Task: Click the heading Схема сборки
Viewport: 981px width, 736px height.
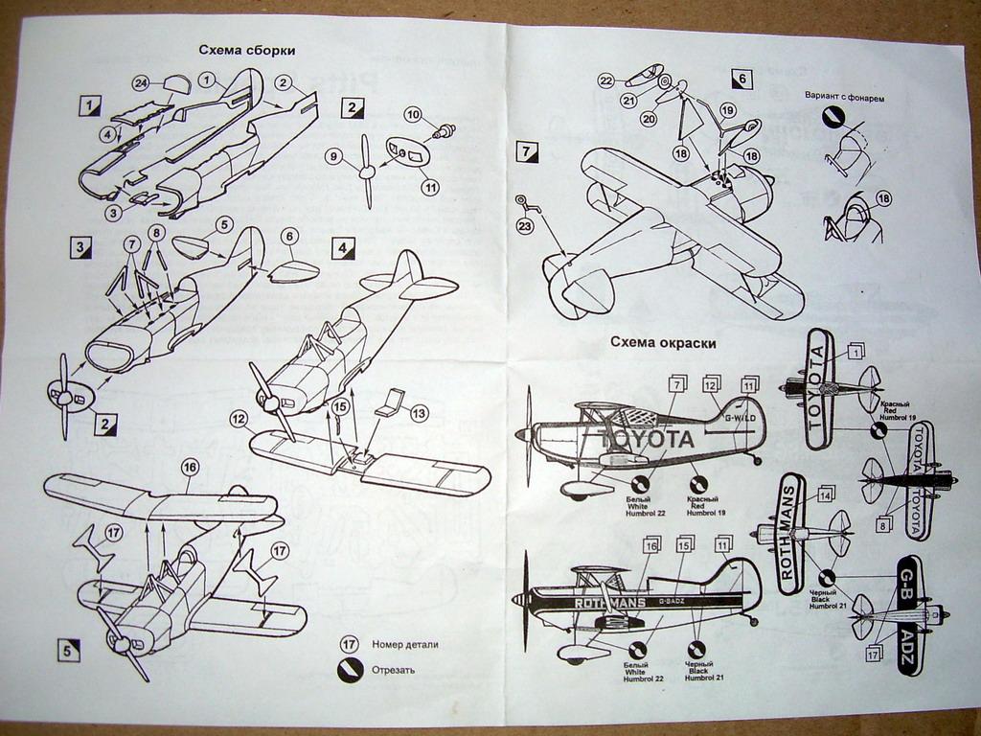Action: pos(246,50)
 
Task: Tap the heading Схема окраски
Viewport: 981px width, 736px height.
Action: pos(663,341)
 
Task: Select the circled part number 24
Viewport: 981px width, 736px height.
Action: pos(141,83)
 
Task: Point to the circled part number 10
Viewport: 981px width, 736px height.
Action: pos(414,114)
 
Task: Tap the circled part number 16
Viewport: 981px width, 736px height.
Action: pos(189,467)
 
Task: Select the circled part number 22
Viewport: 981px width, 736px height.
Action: pos(605,80)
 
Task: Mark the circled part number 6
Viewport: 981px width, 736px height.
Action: pos(288,236)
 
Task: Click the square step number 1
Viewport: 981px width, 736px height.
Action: pos(89,103)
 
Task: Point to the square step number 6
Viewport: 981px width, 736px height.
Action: pos(741,80)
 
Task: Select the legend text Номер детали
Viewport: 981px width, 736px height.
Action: pos(405,644)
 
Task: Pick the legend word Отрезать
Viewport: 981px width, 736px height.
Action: pos(394,669)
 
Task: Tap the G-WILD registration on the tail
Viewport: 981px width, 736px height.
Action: pos(740,418)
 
